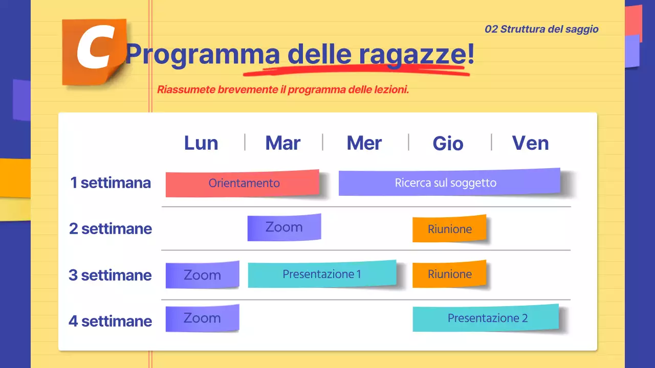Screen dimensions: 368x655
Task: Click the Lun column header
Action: [x=201, y=143]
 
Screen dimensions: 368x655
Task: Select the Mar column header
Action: [x=283, y=143]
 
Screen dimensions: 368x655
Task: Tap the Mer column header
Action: [x=364, y=143]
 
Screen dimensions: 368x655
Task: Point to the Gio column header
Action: [x=448, y=144]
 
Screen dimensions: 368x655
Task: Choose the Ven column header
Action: [x=530, y=143]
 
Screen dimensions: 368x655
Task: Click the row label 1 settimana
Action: [x=111, y=183]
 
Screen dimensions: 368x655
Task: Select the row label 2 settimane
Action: [x=111, y=228]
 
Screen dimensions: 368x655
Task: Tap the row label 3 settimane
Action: [x=111, y=275]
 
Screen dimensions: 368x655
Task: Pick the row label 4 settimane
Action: [x=111, y=321]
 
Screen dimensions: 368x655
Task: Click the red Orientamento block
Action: [x=243, y=183]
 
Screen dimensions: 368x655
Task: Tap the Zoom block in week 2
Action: [x=284, y=227]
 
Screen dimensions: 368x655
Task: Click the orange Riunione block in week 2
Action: [x=449, y=229]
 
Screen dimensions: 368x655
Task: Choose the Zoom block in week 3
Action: [x=202, y=275]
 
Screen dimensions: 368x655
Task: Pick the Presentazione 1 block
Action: [x=322, y=274]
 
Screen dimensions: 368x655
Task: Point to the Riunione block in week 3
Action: [x=449, y=274]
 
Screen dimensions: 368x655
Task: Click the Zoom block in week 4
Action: [x=202, y=318]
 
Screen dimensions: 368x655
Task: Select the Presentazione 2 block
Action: [x=485, y=318]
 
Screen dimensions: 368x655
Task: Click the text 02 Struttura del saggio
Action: [x=541, y=29]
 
